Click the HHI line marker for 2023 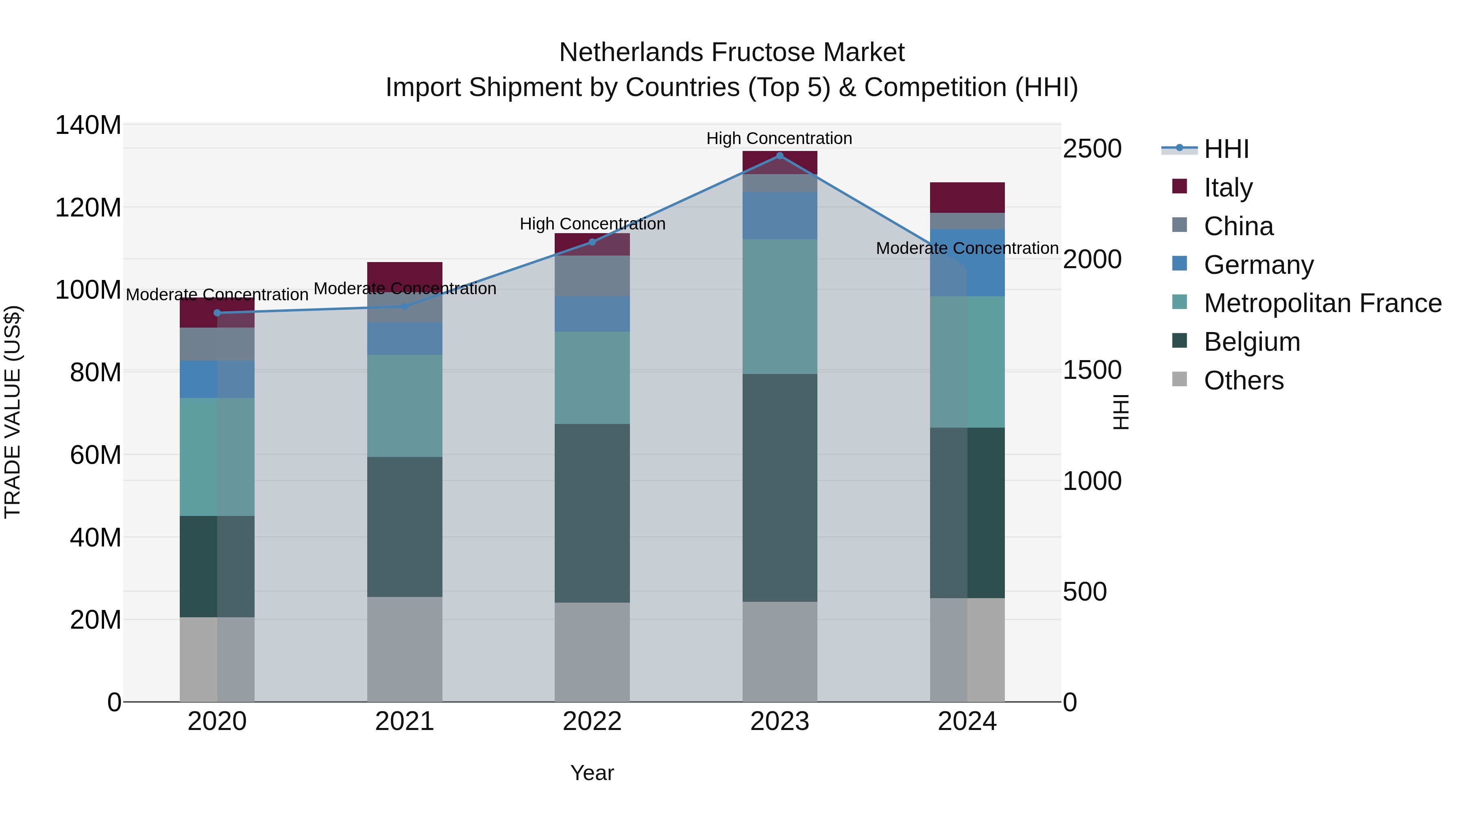(780, 156)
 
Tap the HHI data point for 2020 (217, 313)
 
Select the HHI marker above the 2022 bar (592, 242)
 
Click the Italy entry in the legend (1228, 187)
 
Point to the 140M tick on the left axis (88, 125)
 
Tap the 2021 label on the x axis (405, 721)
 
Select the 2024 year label (967, 721)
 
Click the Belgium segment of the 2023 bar (780, 487)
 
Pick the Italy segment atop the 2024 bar (967, 197)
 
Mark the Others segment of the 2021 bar (405, 649)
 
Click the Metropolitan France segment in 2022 (592, 378)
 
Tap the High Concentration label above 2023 (779, 138)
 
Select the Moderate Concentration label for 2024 (967, 249)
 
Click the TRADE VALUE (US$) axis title (13, 412)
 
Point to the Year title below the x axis (592, 773)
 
